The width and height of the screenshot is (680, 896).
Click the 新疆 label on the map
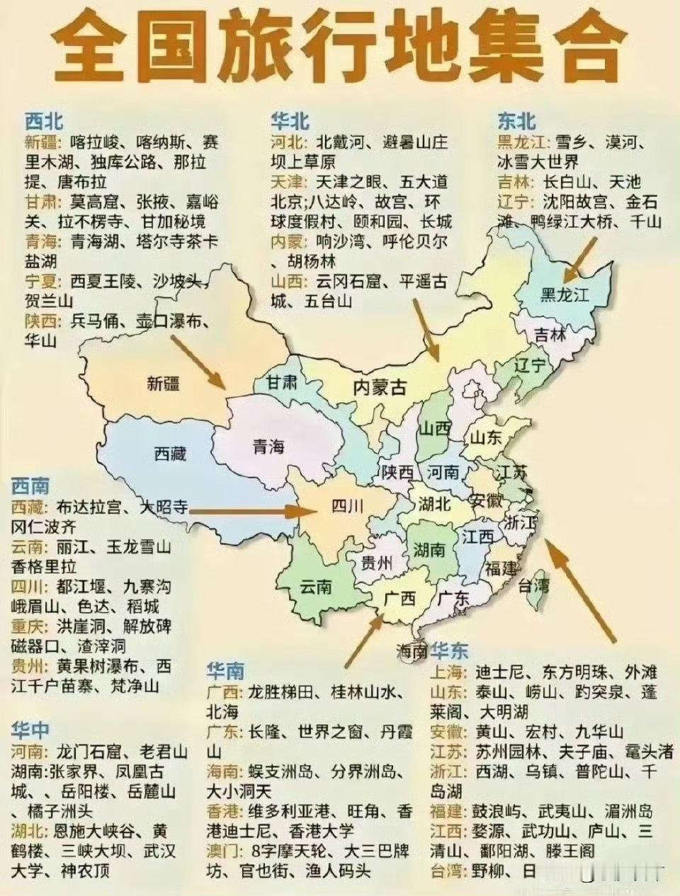click(164, 384)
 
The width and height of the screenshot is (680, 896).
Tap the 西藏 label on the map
click(170, 453)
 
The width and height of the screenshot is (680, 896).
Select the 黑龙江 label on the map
click(565, 294)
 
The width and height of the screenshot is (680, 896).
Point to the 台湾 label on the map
click(534, 586)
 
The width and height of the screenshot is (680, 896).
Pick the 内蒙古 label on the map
click(380, 387)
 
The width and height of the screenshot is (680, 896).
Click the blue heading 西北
click(44, 120)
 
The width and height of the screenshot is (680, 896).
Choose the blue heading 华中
click(30, 730)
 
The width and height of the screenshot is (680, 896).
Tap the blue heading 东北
click(517, 121)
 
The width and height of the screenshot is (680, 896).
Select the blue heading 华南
click(225, 670)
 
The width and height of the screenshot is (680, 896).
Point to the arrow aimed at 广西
click(363, 641)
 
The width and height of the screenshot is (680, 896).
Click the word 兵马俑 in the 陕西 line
click(95, 321)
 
